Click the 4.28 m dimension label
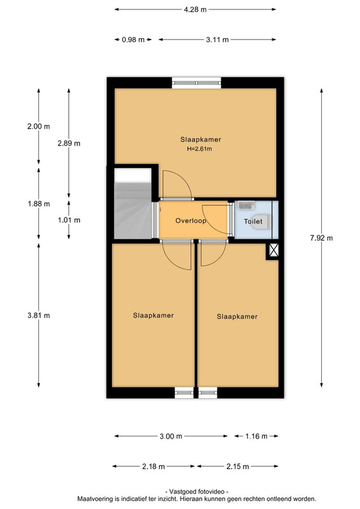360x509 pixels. click(195, 10)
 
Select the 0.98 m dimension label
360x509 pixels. click(133, 39)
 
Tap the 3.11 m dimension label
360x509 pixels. click(217, 39)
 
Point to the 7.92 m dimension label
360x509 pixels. click(321, 238)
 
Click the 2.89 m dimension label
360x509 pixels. click(69, 143)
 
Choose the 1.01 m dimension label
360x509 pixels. click(69, 220)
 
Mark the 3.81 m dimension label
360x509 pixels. click(39, 315)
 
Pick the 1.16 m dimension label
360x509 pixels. click(256, 436)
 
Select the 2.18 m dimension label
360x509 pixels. click(153, 466)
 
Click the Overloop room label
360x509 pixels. click(191, 221)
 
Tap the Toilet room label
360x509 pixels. click(253, 221)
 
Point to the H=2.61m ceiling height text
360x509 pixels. click(199, 149)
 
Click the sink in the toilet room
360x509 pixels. click(246, 205)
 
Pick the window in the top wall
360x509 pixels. click(197, 83)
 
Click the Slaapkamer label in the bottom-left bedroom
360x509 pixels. click(153, 315)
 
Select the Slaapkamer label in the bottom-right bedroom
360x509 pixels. click(237, 316)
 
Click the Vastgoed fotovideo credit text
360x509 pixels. click(197, 492)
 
